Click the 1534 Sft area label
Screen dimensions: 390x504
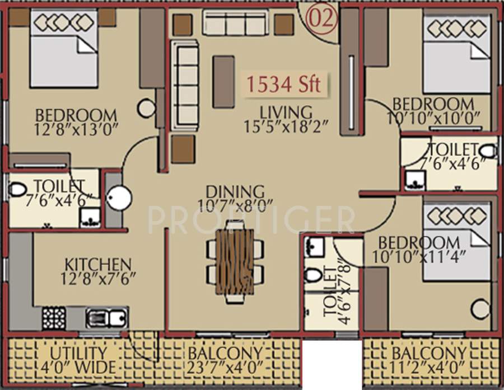click(284, 84)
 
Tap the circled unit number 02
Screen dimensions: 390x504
click(322, 19)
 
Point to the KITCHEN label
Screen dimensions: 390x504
click(98, 264)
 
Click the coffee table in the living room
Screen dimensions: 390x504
click(223, 81)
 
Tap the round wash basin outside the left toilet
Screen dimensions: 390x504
click(119, 198)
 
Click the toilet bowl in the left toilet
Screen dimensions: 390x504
click(17, 189)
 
